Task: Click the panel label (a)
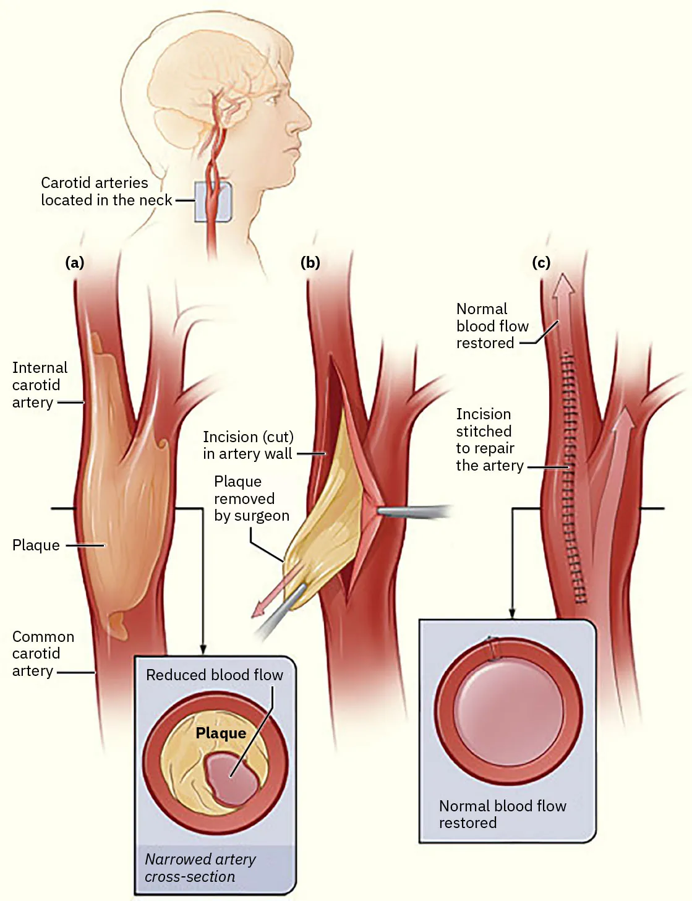(x=74, y=263)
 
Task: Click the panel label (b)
(x=310, y=263)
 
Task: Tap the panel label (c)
(x=540, y=263)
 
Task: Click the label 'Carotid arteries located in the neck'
(x=106, y=192)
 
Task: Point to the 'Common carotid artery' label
(x=43, y=654)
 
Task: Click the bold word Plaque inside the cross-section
(x=221, y=733)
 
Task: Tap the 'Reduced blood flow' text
(x=214, y=675)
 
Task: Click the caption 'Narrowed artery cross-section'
(x=200, y=868)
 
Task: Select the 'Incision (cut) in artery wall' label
(x=248, y=445)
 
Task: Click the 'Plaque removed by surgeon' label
(x=251, y=498)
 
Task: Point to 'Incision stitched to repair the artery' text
(x=489, y=440)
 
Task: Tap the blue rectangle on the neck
(x=213, y=202)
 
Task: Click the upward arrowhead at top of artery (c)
(x=563, y=285)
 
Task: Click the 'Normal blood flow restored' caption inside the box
(x=502, y=814)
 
